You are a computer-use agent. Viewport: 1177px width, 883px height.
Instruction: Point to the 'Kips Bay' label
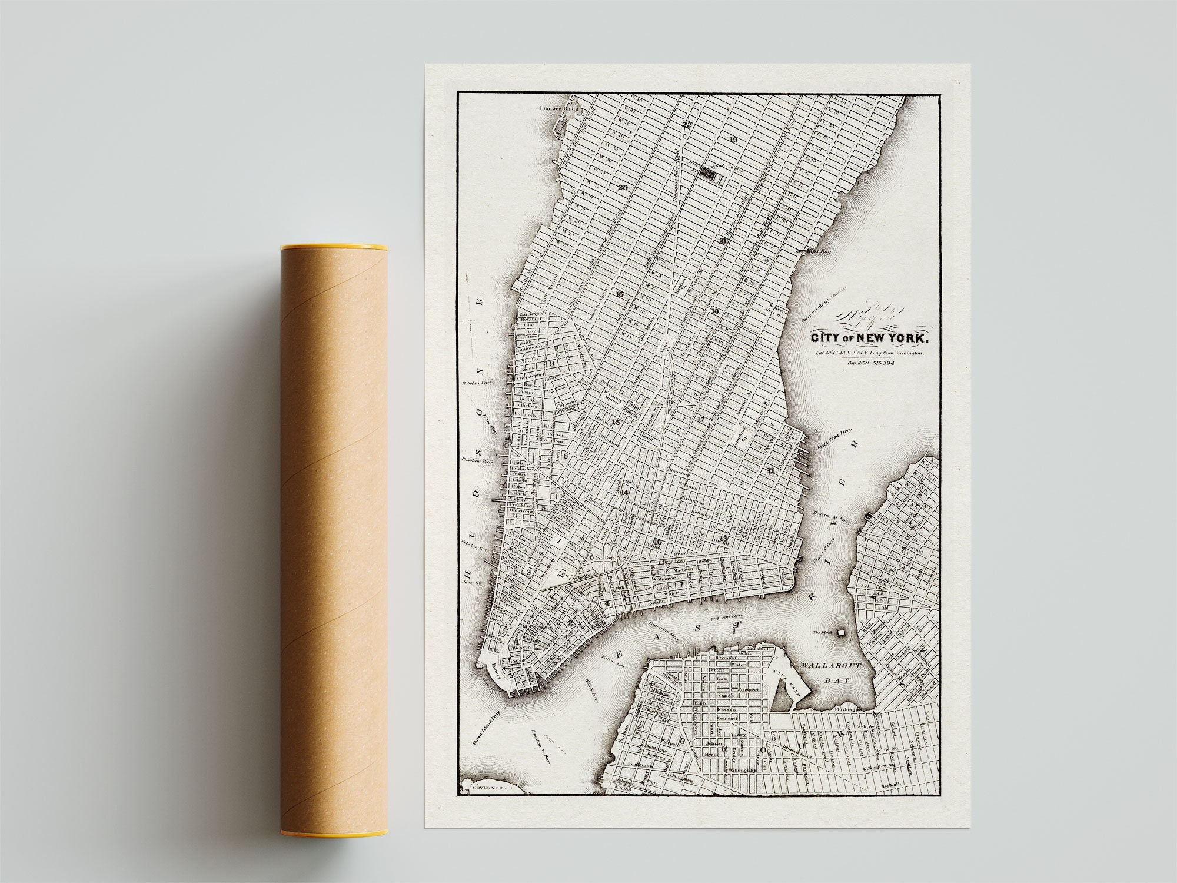(x=812, y=250)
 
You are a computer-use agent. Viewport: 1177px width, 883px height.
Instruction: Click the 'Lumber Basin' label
(x=561, y=109)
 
